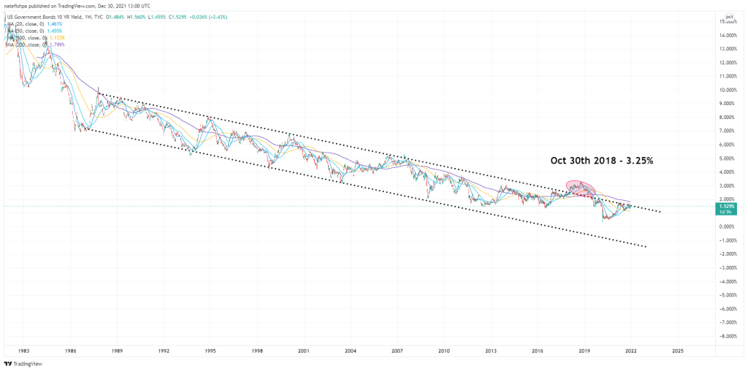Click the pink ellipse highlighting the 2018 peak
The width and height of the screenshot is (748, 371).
(580, 188)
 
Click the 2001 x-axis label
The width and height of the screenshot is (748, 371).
(305, 351)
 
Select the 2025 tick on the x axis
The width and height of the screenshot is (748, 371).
(677, 351)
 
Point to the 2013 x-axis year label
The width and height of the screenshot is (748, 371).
(491, 351)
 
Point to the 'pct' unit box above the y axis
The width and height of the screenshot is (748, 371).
(729, 16)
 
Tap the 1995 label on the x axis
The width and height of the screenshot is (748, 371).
(210, 351)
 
